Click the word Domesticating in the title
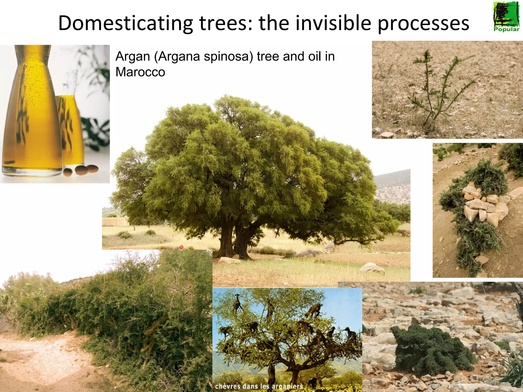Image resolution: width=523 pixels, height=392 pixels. pos(125,23)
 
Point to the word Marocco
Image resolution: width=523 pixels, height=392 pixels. pos(140,72)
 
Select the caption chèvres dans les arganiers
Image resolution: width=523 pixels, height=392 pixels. pos(259,386)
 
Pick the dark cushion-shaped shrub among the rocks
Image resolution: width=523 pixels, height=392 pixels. pos(432,350)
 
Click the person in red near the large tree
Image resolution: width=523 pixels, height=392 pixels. pos(181,247)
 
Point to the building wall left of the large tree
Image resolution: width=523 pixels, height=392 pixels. pos(116,221)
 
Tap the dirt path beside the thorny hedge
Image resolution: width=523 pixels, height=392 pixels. pos(43,357)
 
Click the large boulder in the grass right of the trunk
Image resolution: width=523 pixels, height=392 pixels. pos(372,268)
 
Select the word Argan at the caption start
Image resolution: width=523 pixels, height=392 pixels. pos(133,56)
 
